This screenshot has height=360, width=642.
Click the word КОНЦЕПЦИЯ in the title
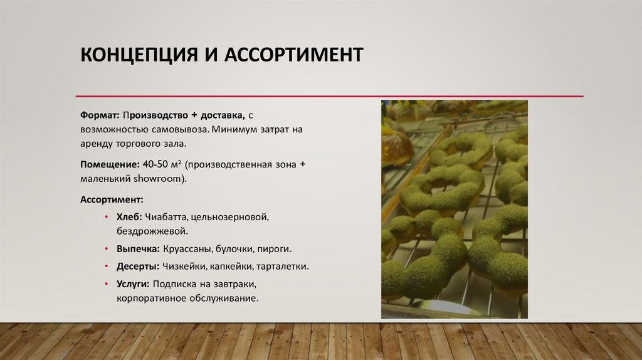[134, 55]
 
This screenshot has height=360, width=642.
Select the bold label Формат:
[100, 116]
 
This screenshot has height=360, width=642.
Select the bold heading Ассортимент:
[112, 199]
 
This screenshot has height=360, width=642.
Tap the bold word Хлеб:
[129, 217]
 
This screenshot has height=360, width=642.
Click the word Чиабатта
[167, 217]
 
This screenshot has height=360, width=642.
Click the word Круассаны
[185, 249]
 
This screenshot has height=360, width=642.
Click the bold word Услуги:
[133, 284]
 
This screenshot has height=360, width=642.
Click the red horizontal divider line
[329, 96]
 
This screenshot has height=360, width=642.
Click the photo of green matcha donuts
[454, 209]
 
